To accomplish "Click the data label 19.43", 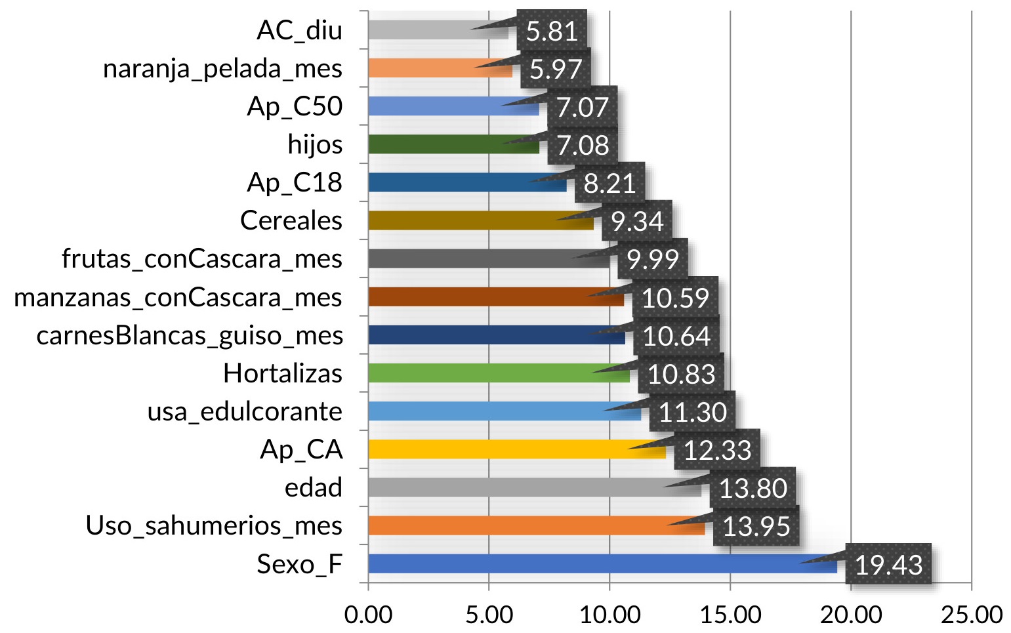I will (x=888, y=565).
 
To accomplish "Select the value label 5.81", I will (x=552, y=31).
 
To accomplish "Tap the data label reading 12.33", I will (x=717, y=451).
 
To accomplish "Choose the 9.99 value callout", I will (x=652, y=260).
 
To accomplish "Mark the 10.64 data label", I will (x=676, y=337).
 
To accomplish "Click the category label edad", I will (x=313, y=488).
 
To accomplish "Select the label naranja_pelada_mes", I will (x=222, y=69).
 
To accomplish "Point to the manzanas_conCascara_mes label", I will (x=178, y=298).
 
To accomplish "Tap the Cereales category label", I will (x=291, y=221).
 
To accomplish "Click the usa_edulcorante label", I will (x=244, y=412).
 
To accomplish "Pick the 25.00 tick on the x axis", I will (x=971, y=615).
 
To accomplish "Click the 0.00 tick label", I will (x=368, y=615).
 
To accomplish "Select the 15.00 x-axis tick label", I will (x=730, y=615).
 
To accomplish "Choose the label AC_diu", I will (x=299, y=31).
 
